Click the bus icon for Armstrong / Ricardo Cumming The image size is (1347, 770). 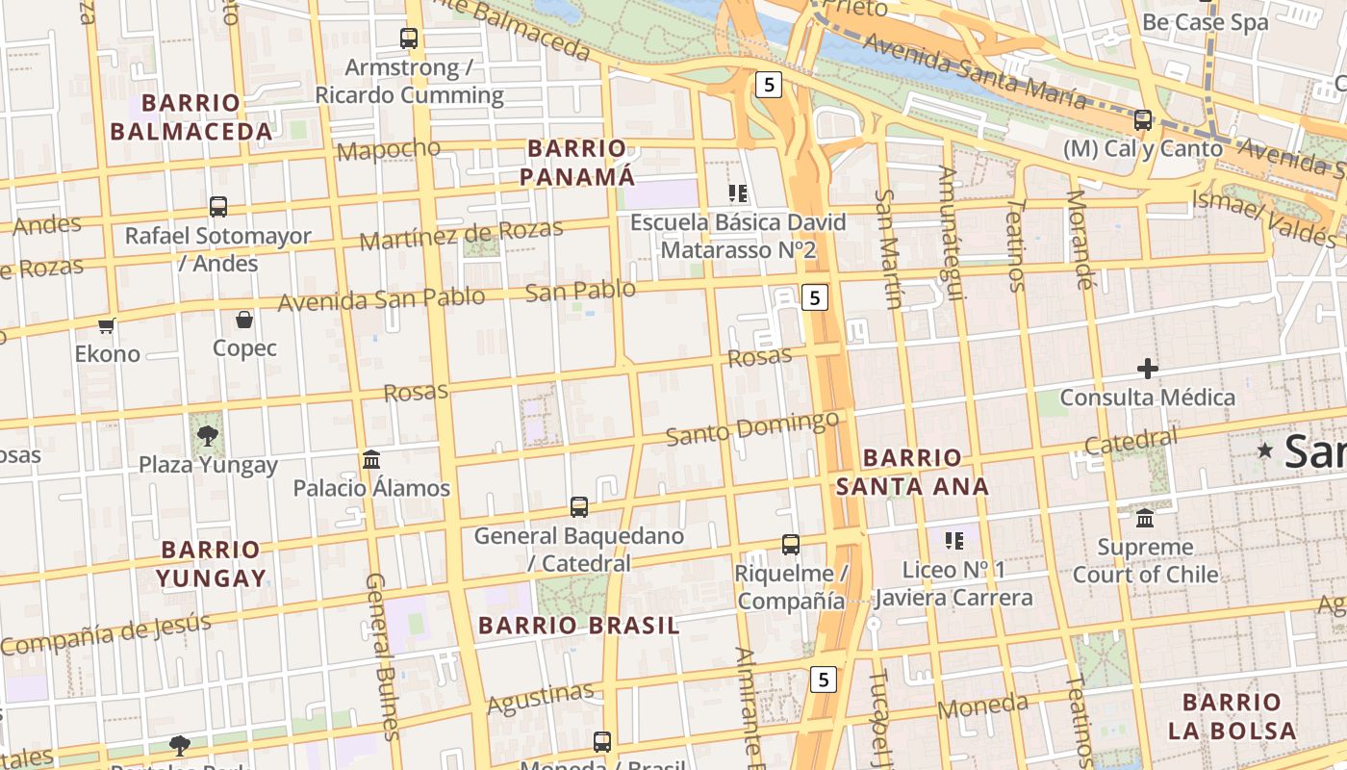coord(409,38)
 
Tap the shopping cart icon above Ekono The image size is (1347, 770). coord(107,325)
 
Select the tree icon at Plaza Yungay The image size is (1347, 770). coord(207,436)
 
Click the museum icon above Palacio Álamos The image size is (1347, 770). coord(371,459)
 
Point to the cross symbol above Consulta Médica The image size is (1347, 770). coord(1147,369)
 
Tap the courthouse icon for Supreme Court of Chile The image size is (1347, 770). coord(1145,518)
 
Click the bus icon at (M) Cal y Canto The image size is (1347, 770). coord(1143,120)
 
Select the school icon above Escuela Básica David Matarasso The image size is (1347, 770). coord(738,193)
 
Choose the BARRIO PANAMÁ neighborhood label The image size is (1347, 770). coord(577,163)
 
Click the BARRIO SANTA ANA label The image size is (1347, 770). coord(912,472)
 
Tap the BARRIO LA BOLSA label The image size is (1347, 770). coord(1232,715)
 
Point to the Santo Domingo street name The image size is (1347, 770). coord(752,428)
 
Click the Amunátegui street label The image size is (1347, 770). coord(951,233)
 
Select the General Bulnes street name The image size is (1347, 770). coord(381,656)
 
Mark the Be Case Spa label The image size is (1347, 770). coord(1206,22)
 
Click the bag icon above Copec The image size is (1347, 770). coord(244,320)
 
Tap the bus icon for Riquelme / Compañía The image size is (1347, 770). coord(790,545)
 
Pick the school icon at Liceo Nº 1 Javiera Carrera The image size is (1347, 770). coord(953,541)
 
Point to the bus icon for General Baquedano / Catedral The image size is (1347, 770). coord(579,506)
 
